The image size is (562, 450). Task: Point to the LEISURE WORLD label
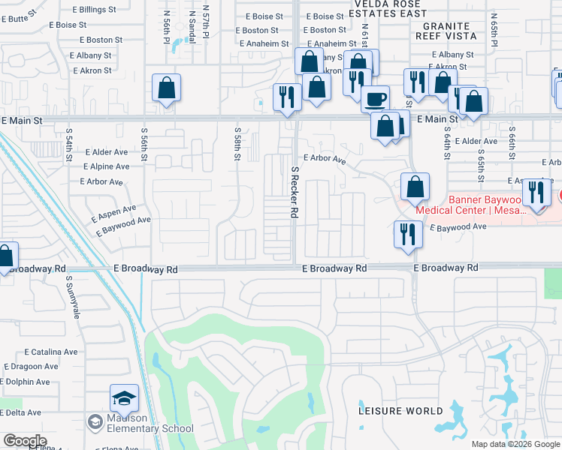[400, 411]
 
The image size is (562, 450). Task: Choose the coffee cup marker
[375, 98]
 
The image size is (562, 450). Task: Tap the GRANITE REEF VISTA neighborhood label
[445, 30]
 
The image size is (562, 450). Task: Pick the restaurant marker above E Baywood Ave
[404, 235]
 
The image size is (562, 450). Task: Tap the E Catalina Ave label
[51, 351]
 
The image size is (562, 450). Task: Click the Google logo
[24, 441]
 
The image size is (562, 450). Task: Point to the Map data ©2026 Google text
[515, 444]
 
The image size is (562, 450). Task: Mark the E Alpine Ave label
[106, 166]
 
